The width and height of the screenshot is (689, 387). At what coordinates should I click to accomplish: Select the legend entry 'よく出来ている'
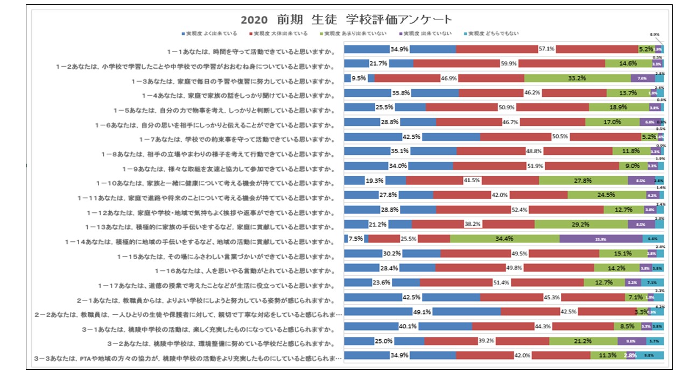click(x=210, y=34)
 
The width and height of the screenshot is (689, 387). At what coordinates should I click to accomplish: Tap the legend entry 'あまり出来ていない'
click(x=356, y=34)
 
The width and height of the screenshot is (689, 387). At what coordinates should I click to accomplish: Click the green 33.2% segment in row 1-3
click(x=577, y=78)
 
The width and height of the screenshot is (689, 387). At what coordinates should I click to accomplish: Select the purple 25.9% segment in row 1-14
click(x=601, y=239)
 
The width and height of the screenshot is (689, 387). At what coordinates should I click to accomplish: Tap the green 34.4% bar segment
click(x=504, y=239)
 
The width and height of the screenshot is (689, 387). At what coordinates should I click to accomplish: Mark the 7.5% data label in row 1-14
click(x=356, y=239)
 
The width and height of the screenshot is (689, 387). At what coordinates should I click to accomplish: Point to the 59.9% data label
click(x=509, y=63)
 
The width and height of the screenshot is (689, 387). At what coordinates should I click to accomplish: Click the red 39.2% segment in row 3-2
click(x=487, y=341)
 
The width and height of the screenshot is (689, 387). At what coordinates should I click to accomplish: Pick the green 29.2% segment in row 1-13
click(x=581, y=224)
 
